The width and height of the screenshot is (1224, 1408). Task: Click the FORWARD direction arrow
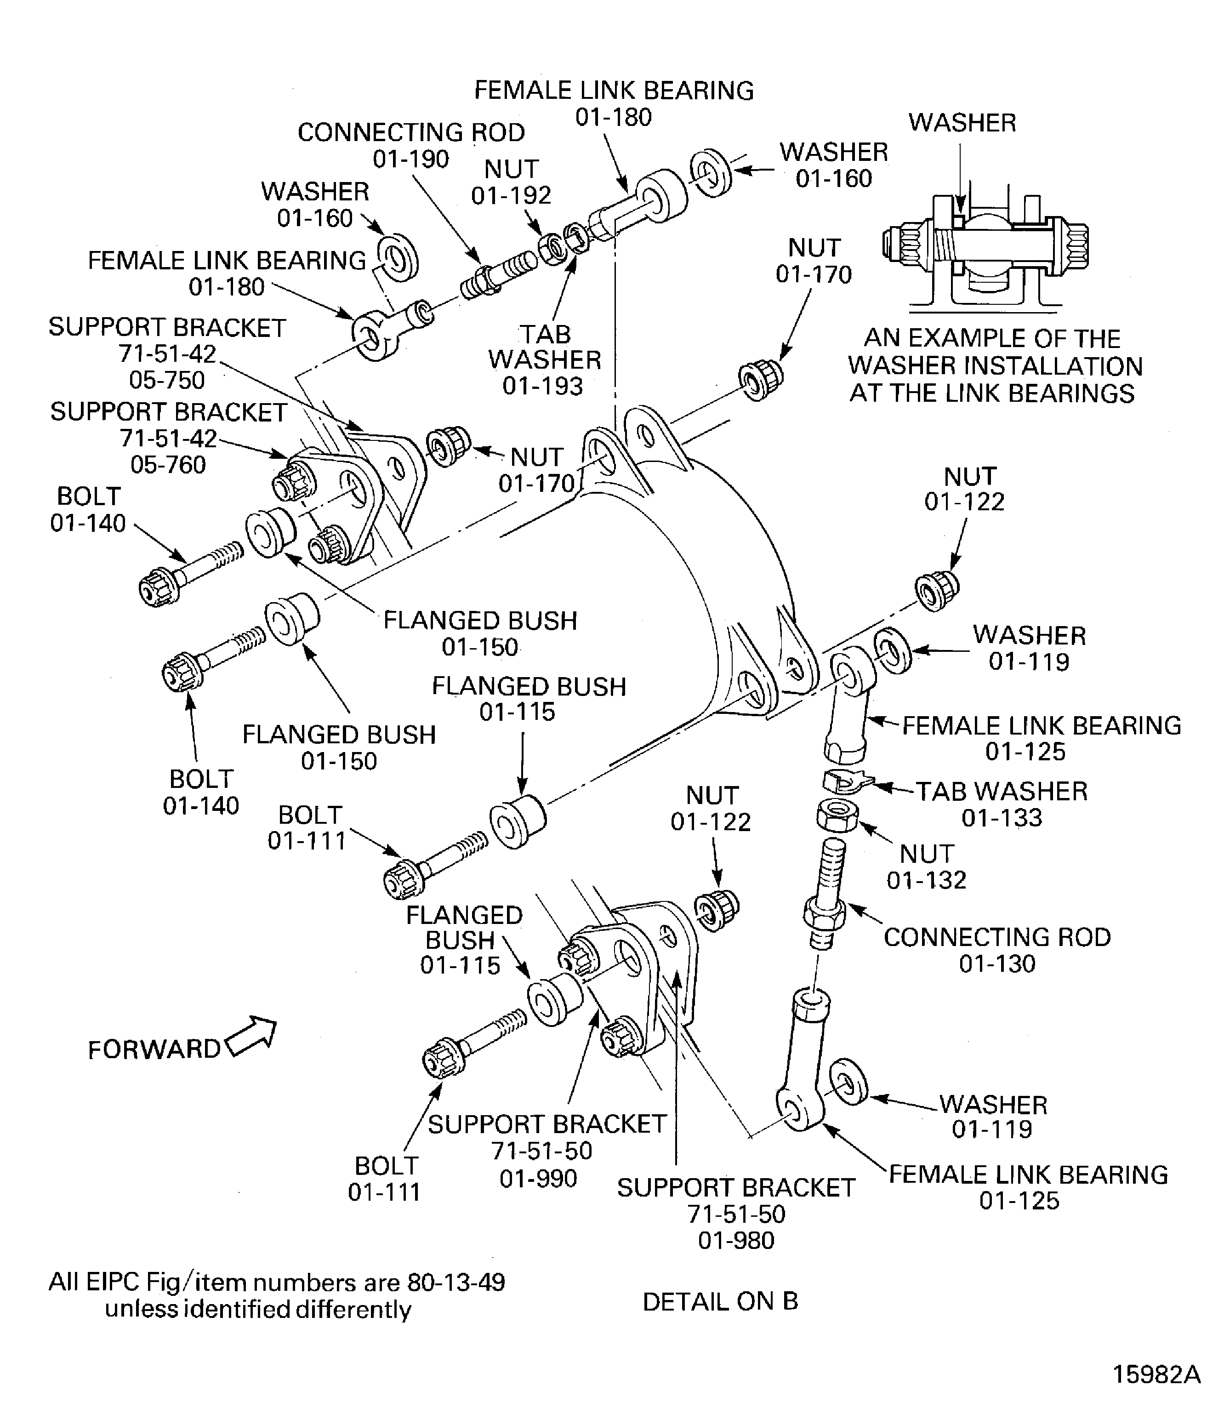(x=252, y=1035)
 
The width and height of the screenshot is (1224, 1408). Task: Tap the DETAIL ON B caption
(x=720, y=1301)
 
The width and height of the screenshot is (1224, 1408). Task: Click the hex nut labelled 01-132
(x=837, y=815)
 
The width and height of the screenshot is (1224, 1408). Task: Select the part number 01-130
(x=997, y=963)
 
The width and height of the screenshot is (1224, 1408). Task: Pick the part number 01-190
(x=410, y=159)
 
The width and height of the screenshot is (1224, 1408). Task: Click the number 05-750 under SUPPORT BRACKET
(x=167, y=380)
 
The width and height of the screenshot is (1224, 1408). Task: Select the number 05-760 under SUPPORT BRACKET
(x=168, y=465)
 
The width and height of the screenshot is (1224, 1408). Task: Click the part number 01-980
(x=736, y=1240)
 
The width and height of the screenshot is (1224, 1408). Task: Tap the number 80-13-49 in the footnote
(x=455, y=1283)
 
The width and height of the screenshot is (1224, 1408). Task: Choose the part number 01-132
(x=926, y=880)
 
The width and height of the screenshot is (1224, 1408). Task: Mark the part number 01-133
(x=1002, y=818)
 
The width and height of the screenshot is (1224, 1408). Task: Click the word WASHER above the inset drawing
(x=962, y=123)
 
